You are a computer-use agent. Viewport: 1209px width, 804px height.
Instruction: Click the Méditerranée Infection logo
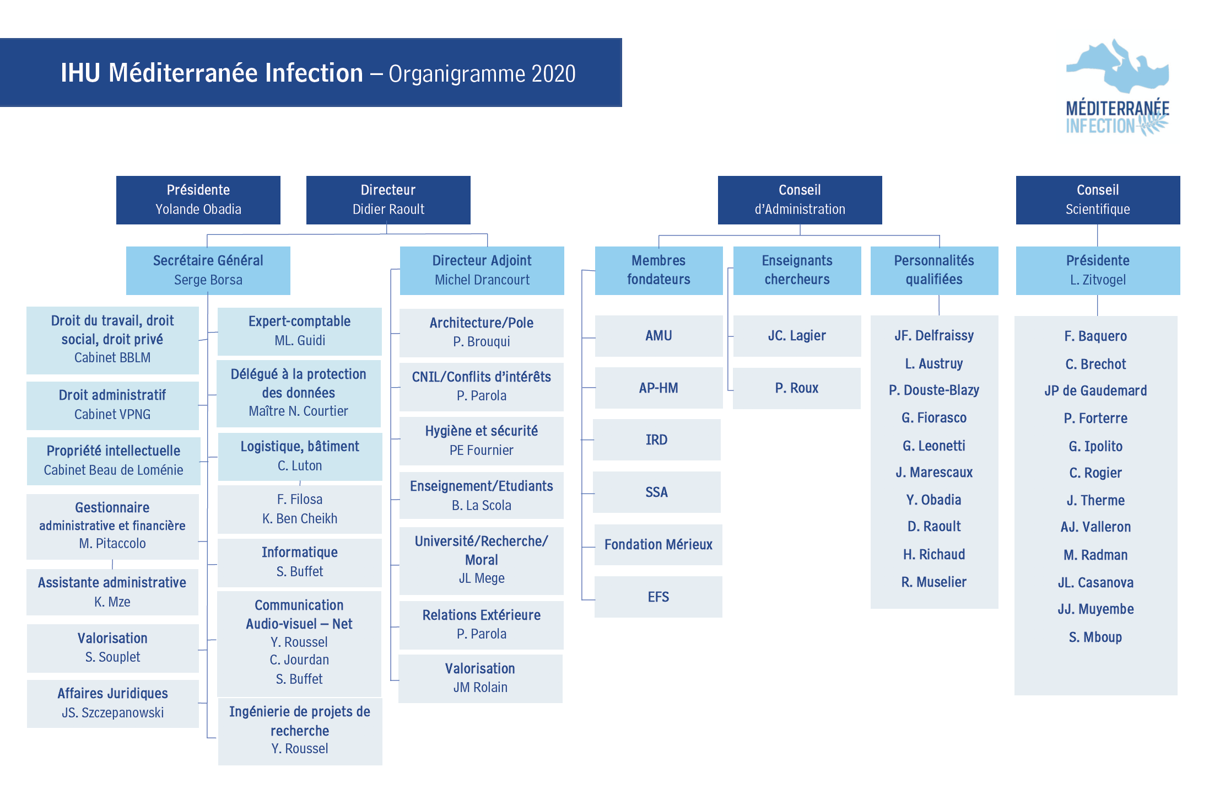tap(1118, 87)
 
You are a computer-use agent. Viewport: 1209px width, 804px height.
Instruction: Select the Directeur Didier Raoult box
tap(388, 200)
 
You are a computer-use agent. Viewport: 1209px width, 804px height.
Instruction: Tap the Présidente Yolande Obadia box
tap(198, 200)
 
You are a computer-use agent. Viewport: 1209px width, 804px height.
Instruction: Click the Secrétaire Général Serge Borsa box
tap(208, 270)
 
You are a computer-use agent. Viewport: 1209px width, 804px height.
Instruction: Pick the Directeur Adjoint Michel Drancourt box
tap(482, 270)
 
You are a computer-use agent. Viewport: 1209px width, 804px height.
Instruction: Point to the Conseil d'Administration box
tap(800, 200)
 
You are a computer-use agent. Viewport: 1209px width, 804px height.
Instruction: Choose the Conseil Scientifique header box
tap(1098, 200)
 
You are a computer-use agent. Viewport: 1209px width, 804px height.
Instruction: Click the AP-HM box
tap(659, 388)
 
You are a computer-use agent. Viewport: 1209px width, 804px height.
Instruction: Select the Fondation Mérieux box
tap(659, 544)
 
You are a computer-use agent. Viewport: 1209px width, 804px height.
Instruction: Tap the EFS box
tap(659, 597)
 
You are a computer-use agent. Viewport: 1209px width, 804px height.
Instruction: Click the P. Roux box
tap(797, 388)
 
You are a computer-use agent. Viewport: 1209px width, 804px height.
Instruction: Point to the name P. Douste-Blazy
tap(934, 390)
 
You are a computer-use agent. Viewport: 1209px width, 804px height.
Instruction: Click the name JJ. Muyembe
tap(1095, 609)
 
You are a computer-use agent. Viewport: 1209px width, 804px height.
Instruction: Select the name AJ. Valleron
tap(1095, 527)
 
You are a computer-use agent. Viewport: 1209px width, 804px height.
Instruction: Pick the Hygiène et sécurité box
tap(482, 441)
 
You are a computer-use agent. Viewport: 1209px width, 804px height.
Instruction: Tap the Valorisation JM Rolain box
tap(481, 678)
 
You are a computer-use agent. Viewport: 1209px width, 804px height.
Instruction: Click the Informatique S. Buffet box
tap(300, 562)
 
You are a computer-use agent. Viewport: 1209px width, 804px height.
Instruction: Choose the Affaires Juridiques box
tap(113, 704)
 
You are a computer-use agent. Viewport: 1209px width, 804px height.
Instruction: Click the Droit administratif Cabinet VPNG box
tap(112, 405)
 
